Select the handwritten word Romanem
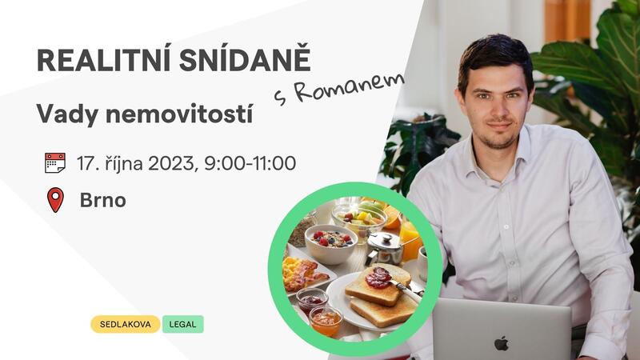349,88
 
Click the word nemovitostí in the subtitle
179,114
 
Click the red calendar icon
55,163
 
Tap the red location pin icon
55,200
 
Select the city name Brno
103,200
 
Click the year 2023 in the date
172,164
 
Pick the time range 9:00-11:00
250,163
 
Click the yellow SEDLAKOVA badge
126,324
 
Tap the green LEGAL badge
183,324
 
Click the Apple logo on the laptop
502,343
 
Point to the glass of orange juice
410,241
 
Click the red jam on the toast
378,278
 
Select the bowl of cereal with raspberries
331,244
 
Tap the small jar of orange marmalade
326,321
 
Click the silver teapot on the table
385,248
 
